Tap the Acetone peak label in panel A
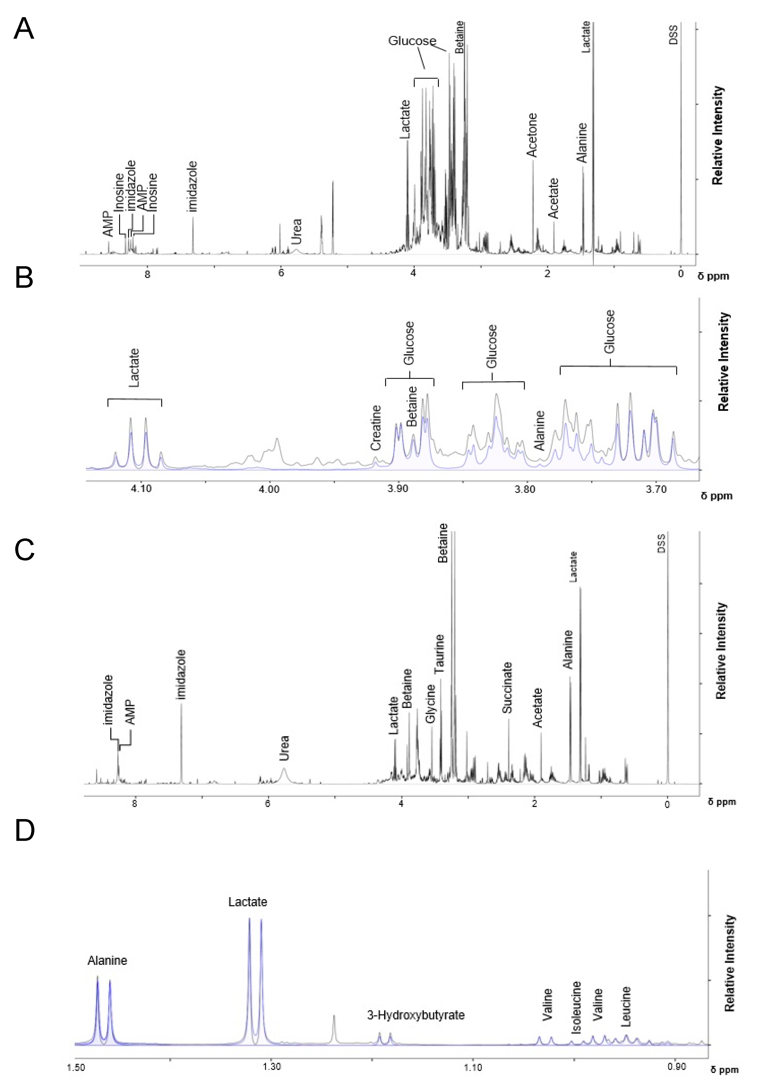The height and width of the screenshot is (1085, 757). pyautogui.click(x=532, y=135)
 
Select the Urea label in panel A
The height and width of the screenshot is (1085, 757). pyautogui.click(x=296, y=232)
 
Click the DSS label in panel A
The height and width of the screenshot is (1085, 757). pyautogui.click(x=673, y=35)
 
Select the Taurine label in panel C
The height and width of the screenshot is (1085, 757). pyautogui.click(x=440, y=654)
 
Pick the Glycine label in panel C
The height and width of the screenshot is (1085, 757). pyautogui.click(x=430, y=703)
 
